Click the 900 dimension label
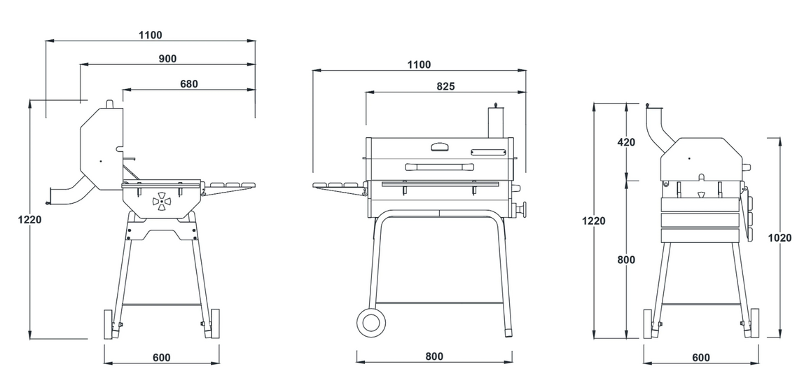pyautogui.click(x=167, y=59)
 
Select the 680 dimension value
pyautogui.click(x=188, y=84)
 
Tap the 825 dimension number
pyautogui.click(x=445, y=87)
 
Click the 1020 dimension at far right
pyautogui.click(x=779, y=237)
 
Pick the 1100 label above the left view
pyautogui.click(x=151, y=35)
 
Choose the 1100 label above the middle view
pyautogui.click(x=419, y=65)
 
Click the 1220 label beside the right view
pyautogui.click(x=594, y=221)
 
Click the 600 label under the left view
pyautogui.click(x=161, y=358)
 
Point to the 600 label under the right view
pyautogui.click(x=701, y=358)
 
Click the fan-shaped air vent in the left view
pyautogui.click(x=161, y=202)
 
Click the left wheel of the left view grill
pyautogui.click(x=110, y=324)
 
